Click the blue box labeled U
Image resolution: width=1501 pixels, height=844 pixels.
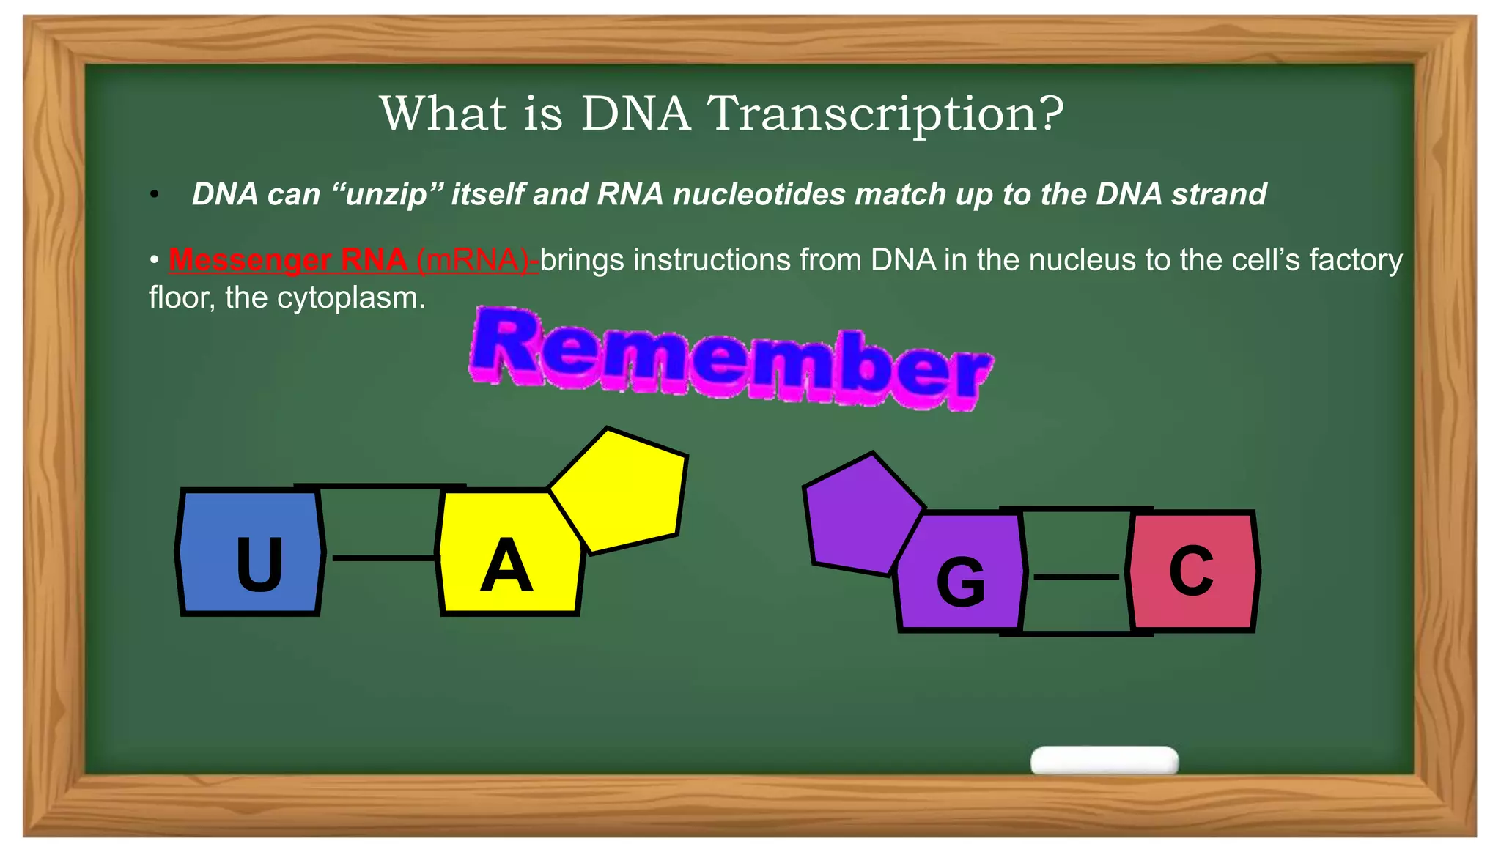(250, 552)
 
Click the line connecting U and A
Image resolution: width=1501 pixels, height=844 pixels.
(384, 558)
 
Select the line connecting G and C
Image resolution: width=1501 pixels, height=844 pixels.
(1075, 577)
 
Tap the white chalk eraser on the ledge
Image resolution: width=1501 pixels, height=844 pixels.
(1104, 760)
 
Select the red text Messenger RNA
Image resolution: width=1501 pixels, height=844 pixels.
(287, 260)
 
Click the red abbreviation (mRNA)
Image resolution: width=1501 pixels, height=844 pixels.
(476, 260)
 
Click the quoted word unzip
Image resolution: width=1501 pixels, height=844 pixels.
(388, 195)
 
